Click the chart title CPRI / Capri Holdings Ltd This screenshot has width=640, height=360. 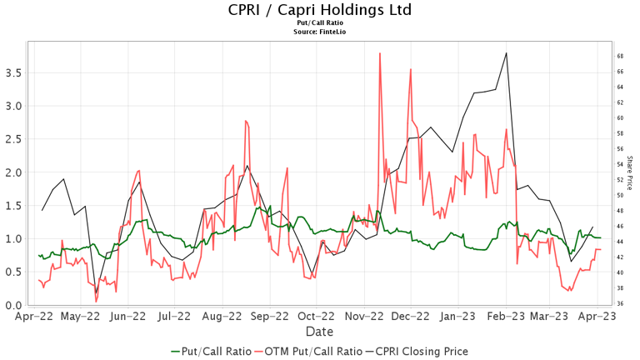tap(319, 10)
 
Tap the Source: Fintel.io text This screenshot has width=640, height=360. tap(319, 31)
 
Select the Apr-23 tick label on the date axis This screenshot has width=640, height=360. tap(598, 317)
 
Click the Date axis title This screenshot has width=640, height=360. tap(319, 331)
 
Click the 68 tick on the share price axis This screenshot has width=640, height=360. tap(621, 56)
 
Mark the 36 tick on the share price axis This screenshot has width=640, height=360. tap(621, 303)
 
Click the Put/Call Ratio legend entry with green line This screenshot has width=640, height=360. tap(210, 351)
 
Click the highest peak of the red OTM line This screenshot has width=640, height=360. tap(380, 53)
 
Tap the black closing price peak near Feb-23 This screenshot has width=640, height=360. tap(507, 53)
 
